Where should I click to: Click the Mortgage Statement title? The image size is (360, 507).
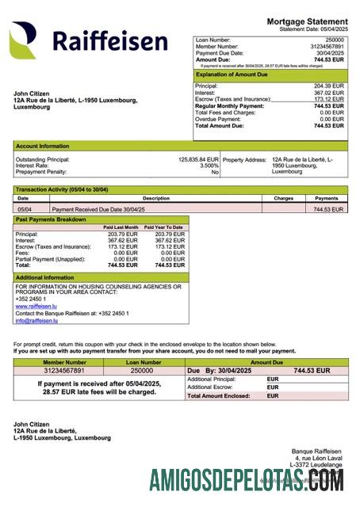(307, 21)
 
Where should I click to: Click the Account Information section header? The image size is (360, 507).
(43, 146)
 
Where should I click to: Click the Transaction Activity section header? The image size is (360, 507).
(62, 190)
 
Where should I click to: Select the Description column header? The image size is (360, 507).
(156, 198)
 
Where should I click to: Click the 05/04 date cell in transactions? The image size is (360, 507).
(25, 209)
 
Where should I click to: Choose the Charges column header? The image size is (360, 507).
(283, 198)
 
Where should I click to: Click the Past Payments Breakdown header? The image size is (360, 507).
(51, 219)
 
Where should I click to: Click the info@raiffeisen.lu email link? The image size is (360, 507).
(36, 320)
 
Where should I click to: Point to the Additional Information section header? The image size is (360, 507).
(45, 277)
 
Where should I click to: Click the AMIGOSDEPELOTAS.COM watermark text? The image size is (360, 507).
(247, 479)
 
